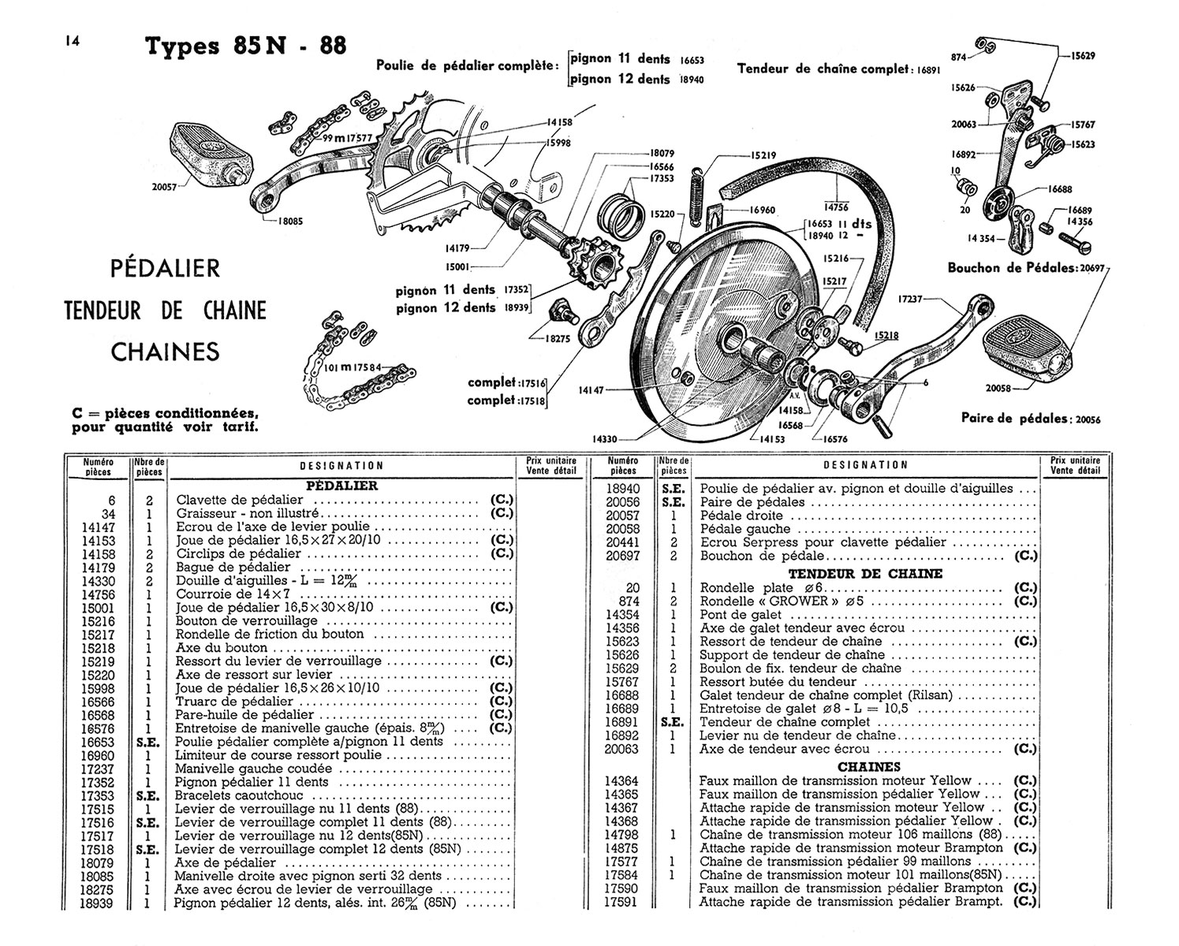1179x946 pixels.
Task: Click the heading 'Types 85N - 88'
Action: click(x=245, y=46)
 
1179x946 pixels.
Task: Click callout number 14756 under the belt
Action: click(x=836, y=207)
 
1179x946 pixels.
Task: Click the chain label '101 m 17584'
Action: click(x=353, y=367)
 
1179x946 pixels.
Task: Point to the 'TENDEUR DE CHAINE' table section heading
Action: click(x=865, y=574)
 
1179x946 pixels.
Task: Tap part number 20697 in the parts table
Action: click(x=623, y=556)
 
